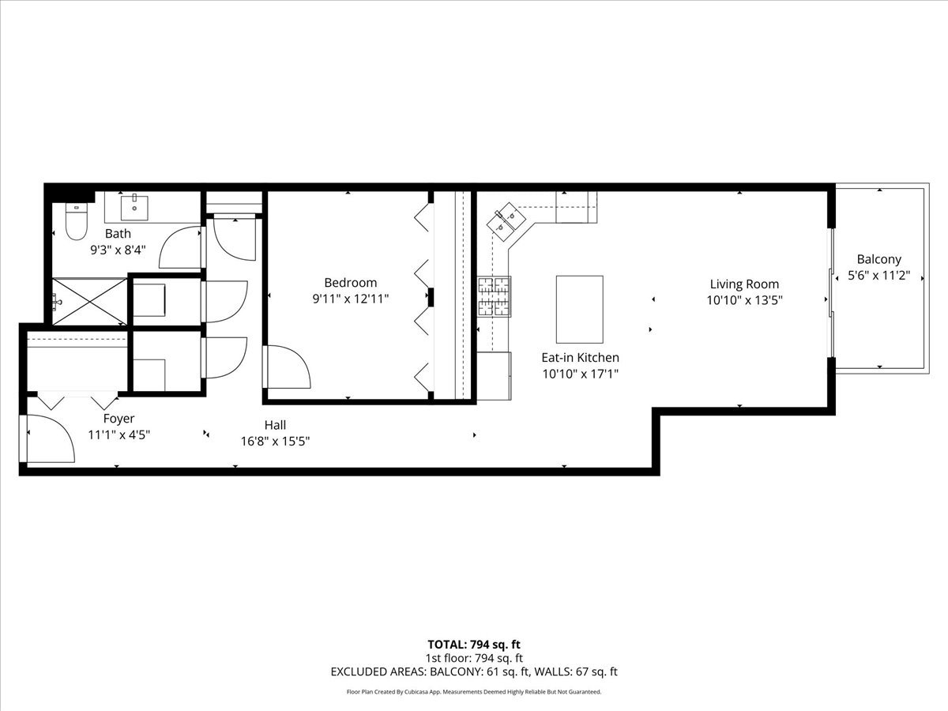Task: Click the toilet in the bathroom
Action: (x=76, y=222)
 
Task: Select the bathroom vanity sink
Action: (x=134, y=208)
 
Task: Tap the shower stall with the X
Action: (x=89, y=300)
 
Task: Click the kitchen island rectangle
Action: (x=579, y=309)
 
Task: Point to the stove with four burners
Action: (x=494, y=296)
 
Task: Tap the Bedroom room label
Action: (x=350, y=283)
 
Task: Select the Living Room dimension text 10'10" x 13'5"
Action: (x=744, y=300)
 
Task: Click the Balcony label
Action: (x=878, y=259)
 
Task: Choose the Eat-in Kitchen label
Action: (x=580, y=358)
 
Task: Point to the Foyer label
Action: (x=118, y=419)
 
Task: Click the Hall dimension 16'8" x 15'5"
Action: (x=275, y=442)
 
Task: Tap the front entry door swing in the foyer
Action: (x=51, y=439)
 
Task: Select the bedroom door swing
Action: (x=286, y=367)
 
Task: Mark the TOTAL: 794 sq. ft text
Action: (x=474, y=644)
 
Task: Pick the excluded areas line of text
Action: (x=474, y=672)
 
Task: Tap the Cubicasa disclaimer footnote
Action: (x=474, y=692)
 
